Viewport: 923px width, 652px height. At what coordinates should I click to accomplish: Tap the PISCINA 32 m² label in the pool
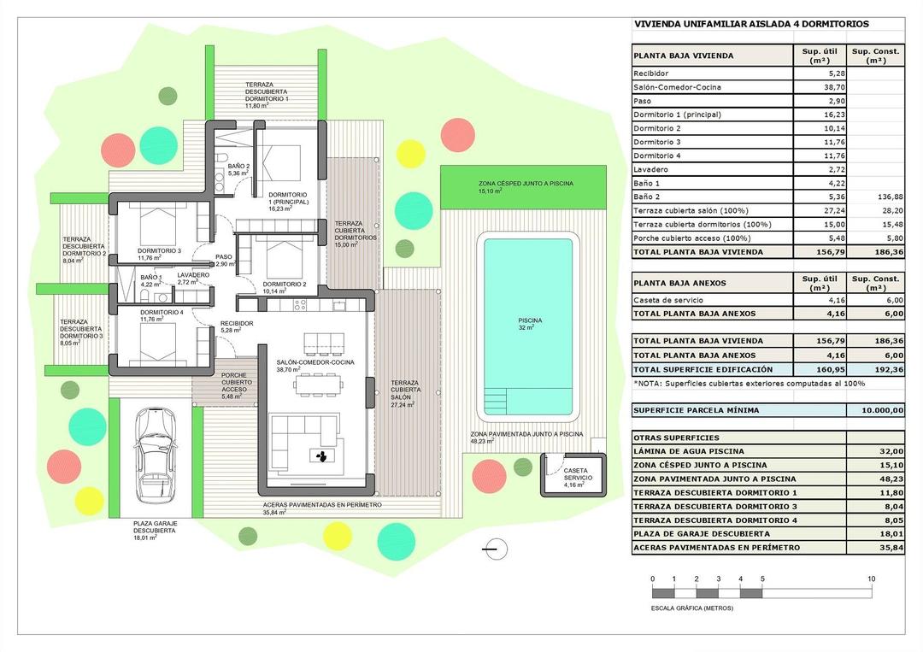[x=528, y=323]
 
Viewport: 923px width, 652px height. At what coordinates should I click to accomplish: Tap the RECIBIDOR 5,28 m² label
[x=237, y=326]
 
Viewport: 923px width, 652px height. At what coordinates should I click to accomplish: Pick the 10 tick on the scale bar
[x=871, y=579]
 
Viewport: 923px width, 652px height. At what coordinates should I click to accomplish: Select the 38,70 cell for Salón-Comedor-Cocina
[x=819, y=87]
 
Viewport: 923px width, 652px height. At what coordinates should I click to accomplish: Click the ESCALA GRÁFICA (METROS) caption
[x=691, y=608]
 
